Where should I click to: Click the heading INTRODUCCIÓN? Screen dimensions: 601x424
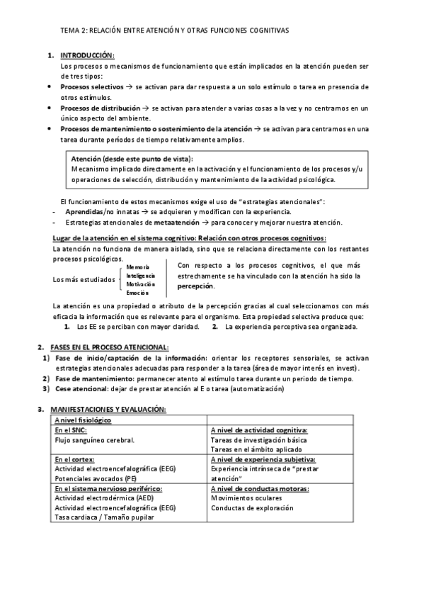click(x=87, y=56)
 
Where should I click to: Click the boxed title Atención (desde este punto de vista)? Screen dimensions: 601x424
click(x=132, y=159)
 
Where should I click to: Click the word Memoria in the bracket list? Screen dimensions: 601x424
click(x=137, y=266)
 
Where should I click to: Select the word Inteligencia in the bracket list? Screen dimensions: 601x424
click(x=141, y=275)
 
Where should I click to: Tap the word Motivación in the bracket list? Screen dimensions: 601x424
click(x=140, y=283)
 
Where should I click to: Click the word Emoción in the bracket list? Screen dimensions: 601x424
click(x=137, y=292)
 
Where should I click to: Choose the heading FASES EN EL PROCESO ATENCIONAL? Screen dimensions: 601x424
click(x=110, y=347)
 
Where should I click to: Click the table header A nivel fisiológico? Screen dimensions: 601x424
click(x=83, y=420)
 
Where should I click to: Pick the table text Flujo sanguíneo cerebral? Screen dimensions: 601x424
click(x=94, y=439)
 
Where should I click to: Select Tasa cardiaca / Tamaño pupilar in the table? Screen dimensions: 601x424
click(x=104, y=517)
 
